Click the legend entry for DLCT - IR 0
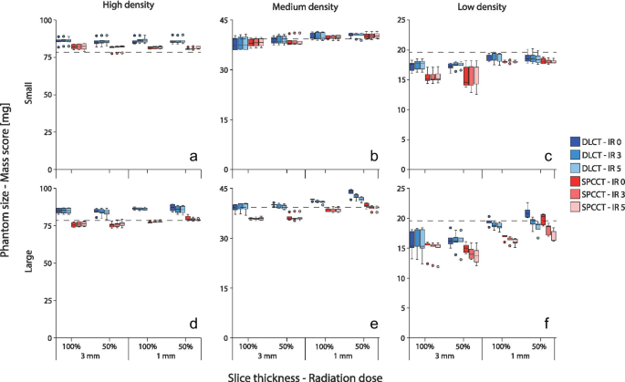point(590,141)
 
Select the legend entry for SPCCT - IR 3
point(590,206)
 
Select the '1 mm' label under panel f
point(520,356)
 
